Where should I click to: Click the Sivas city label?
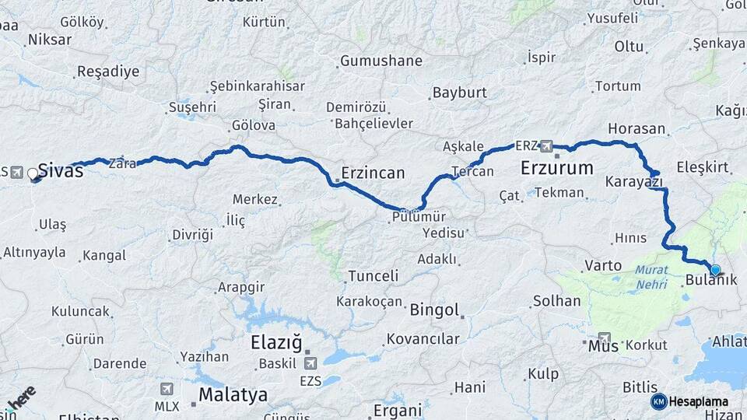[60, 171]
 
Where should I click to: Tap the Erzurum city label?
[556, 168]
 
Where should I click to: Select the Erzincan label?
[373, 173]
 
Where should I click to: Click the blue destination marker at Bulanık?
[715, 270]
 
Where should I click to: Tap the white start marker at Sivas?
[33, 173]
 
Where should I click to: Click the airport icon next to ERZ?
[546, 146]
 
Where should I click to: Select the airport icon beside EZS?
[311, 362]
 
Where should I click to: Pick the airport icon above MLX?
[167, 388]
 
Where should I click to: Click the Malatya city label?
[233, 394]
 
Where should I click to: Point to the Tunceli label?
[373, 276]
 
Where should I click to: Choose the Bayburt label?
[459, 93]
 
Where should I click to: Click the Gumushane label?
[381, 61]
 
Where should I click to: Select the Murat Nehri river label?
[651, 278]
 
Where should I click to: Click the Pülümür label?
[418, 219]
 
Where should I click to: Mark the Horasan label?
[637, 129]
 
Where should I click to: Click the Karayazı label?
[633, 182]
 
